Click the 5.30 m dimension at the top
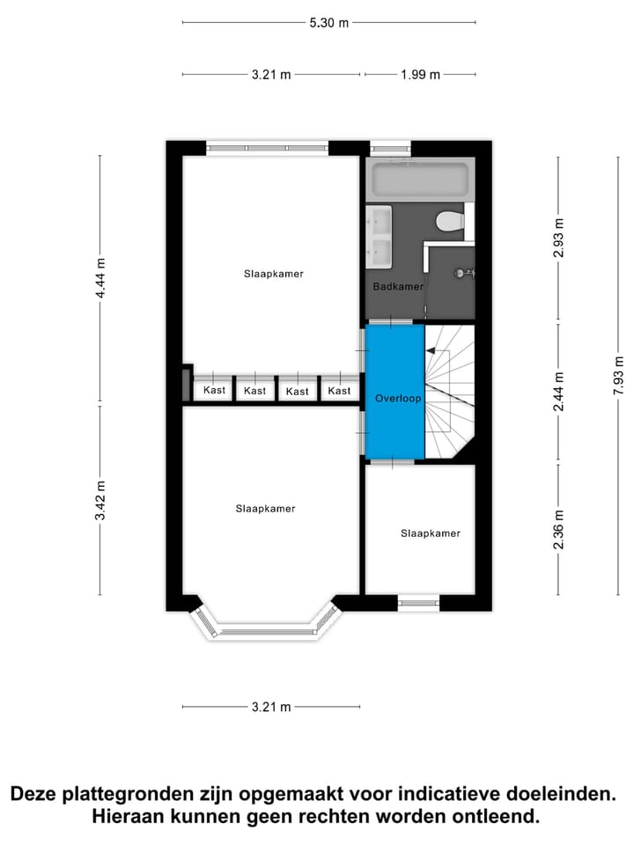(x=328, y=23)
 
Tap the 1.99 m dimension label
(x=420, y=75)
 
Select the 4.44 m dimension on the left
(x=100, y=279)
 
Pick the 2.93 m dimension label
(x=558, y=238)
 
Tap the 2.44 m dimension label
(x=558, y=391)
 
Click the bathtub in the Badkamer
(x=419, y=180)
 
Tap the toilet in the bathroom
(x=451, y=220)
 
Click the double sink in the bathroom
(x=380, y=236)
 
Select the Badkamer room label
(x=398, y=287)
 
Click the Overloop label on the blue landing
(x=398, y=399)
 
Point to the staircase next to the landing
(x=449, y=392)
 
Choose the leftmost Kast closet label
(x=214, y=391)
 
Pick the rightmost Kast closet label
(x=339, y=391)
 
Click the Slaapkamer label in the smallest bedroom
(x=430, y=533)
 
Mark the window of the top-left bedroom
(x=267, y=148)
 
